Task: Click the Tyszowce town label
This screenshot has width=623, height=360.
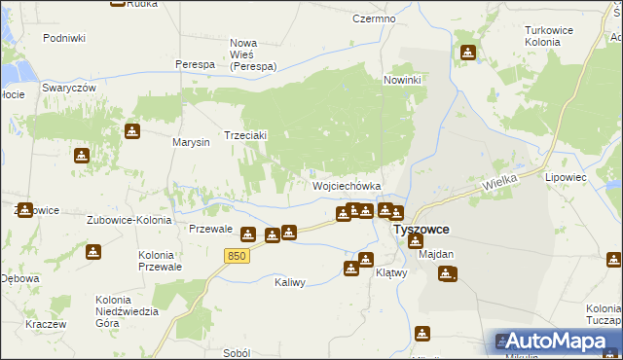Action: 421,230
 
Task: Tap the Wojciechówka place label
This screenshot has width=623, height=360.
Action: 346,186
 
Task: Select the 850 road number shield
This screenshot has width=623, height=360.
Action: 237,256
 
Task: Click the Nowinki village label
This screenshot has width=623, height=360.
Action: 402,80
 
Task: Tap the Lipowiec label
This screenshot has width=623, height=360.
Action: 594,178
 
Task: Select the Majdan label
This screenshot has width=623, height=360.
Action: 436,254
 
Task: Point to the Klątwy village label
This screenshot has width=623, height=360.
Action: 390,273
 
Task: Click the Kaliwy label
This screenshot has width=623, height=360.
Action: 290,282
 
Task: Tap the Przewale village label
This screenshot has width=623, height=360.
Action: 209,229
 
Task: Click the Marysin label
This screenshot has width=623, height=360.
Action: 192,143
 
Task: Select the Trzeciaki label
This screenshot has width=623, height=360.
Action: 246,135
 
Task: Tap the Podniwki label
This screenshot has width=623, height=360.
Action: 64,38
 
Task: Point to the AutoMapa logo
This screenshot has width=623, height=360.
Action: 555,341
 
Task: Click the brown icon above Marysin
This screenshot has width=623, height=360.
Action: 132,131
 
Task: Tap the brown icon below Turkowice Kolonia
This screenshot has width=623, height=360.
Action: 468,52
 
